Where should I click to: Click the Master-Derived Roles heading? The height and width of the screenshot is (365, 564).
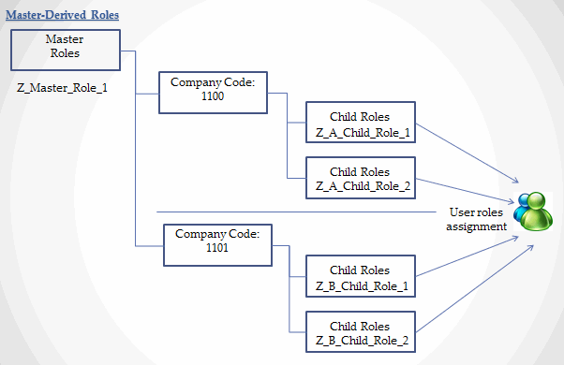62,15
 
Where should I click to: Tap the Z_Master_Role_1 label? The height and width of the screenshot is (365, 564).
62,88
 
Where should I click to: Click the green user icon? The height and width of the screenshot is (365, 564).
536,212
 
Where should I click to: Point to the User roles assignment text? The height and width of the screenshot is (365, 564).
476,220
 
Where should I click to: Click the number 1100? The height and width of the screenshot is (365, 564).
213,96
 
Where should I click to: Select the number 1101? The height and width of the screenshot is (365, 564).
217,248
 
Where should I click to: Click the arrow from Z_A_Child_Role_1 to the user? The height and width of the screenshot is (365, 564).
468,153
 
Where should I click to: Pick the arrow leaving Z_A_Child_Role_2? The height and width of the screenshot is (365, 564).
465,191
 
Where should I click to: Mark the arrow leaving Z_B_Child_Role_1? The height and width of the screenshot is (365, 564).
468,256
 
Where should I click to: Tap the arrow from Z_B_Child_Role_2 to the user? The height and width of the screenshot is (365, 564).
475,288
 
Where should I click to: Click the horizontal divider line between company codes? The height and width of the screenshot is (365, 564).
296,212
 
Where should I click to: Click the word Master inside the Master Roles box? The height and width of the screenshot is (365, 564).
65,39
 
